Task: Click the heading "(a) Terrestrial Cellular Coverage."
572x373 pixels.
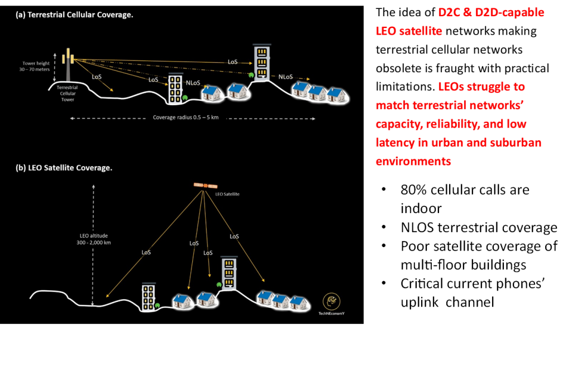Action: [74, 15]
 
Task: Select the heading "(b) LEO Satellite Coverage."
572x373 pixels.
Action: [64, 168]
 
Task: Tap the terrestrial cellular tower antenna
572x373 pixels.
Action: [70, 56]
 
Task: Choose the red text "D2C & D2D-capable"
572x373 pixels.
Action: [491, 12]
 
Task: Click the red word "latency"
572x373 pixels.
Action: [395, 143]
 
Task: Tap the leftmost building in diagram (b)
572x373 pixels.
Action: [148, 296]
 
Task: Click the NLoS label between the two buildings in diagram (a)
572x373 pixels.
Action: [193, 82]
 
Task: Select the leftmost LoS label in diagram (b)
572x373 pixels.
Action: [146, 252]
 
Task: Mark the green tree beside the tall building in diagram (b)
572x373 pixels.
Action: [220, 285]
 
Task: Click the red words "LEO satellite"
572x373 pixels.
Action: [409, 31]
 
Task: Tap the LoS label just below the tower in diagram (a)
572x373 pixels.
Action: [97, 77]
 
